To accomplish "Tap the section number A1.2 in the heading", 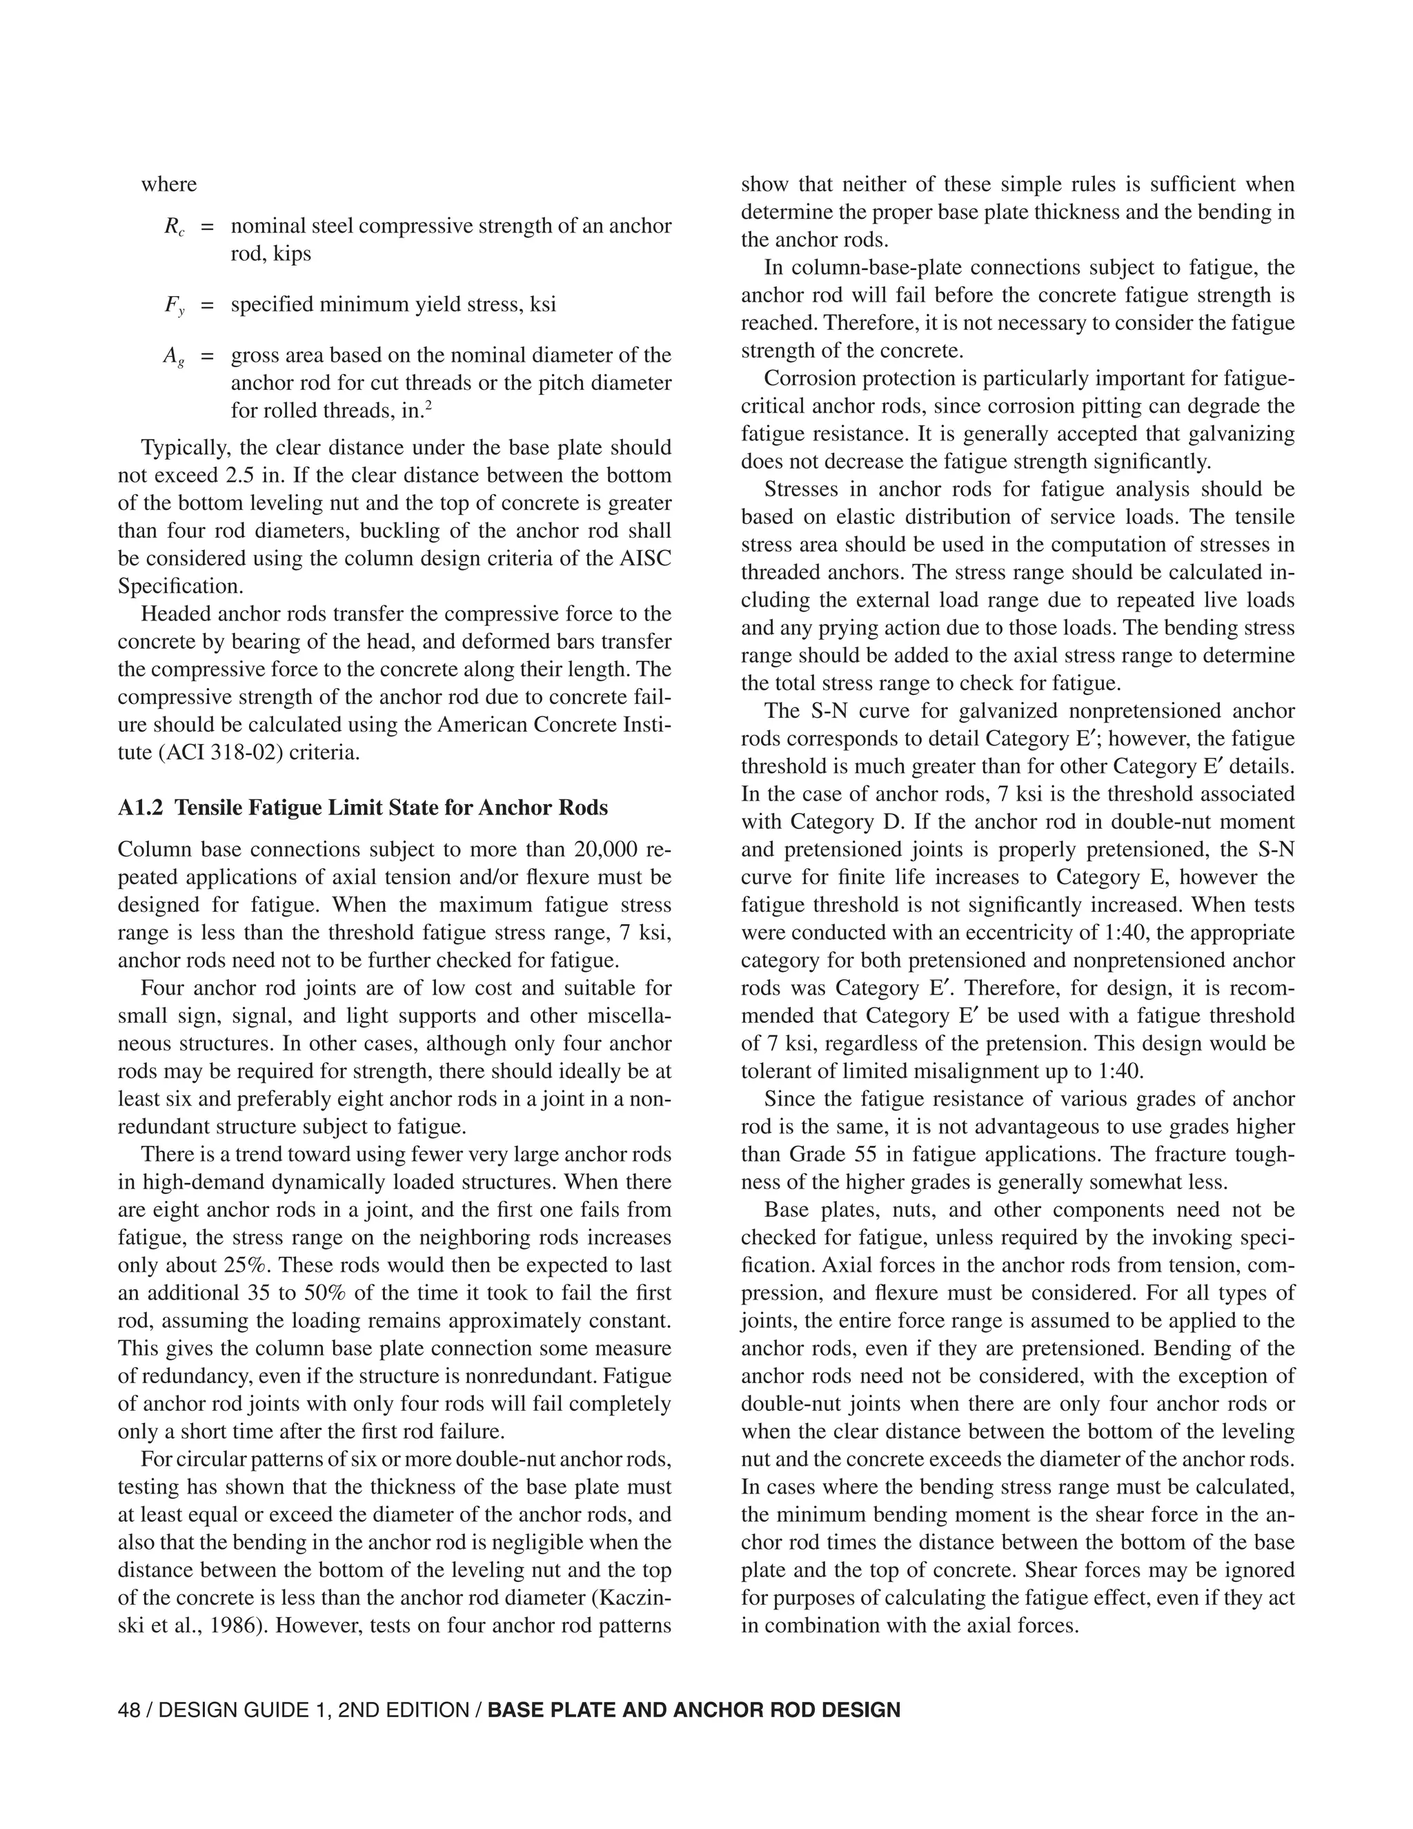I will pos(141,808).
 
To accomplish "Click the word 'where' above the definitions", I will pos(169,184).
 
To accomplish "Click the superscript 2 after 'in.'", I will pos(428,406).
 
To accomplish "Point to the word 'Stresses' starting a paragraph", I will pos(800,489).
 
